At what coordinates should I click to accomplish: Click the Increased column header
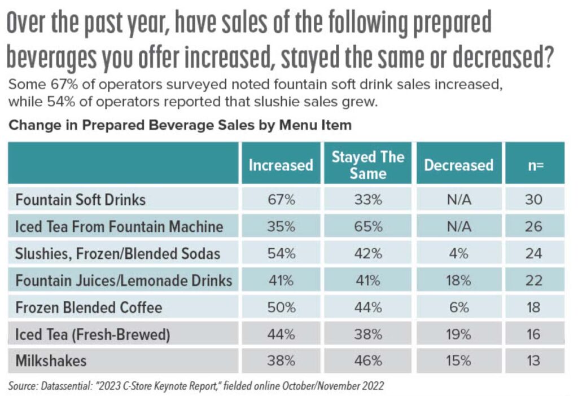point(281,165)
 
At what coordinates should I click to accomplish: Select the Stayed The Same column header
point(367,165)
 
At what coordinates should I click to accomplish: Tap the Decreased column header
point(458,165)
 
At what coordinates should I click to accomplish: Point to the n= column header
point(533,165)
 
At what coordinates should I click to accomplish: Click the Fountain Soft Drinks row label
point(81,200)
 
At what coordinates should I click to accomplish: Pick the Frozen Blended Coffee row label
point(89,307)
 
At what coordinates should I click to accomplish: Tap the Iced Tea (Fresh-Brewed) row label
point(93,335)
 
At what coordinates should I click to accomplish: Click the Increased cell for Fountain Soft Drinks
point(281,200)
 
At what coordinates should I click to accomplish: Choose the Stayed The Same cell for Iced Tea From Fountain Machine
point(367,227)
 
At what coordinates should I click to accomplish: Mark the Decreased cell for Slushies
point(458,254)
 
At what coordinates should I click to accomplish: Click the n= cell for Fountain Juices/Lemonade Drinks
point(533,280)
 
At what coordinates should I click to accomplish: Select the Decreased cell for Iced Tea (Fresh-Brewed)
point(458,335)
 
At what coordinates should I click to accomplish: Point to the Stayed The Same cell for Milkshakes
point(367,360)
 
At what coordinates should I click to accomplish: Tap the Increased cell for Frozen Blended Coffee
point(281,307)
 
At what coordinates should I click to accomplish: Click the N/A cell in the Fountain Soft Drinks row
point(458,200)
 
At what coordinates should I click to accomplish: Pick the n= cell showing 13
point(533,360)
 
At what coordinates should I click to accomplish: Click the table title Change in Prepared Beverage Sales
point(180,125)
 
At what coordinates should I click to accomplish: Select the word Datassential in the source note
point(68,386)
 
